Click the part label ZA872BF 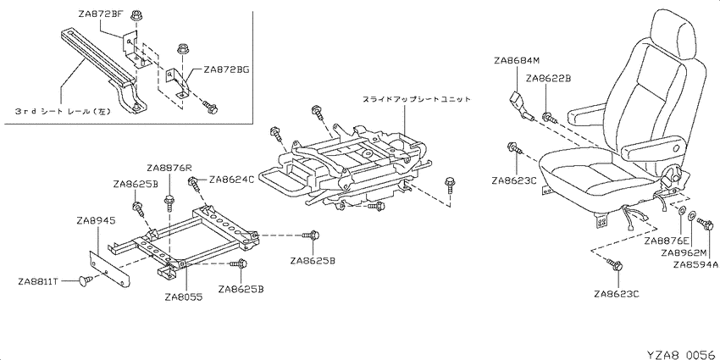coord(100,14)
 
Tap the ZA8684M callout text coord(517,61)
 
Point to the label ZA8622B coord(548,79)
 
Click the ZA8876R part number coord(169,167)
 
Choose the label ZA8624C coord(232,179)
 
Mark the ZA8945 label coord(96,221)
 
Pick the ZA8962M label coord(684,252)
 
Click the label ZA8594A coord(695,264)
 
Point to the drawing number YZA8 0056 coord(681,354)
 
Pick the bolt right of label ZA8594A coord(705,224)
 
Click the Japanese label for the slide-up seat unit coord(416,99)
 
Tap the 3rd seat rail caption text coord(63,112)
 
